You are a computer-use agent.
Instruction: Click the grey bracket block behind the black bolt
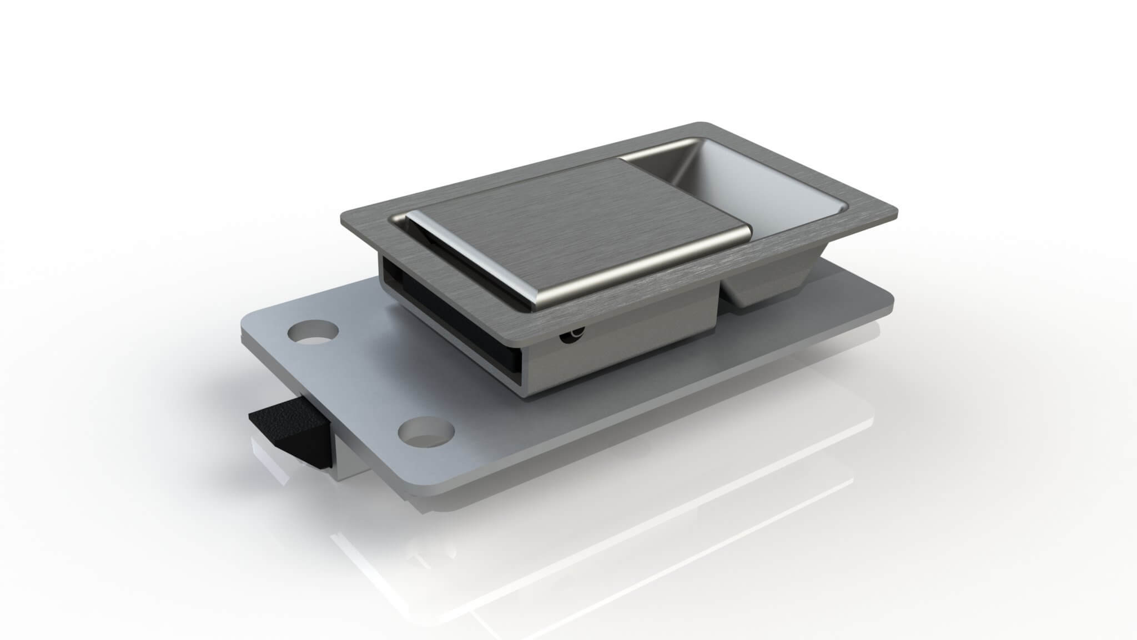pyautogui.click(x=350, y=461)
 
